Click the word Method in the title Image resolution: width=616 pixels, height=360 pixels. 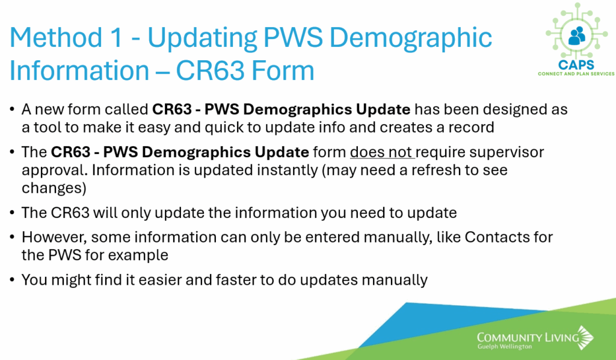(56, 38)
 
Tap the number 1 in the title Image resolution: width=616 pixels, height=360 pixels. (117, 38)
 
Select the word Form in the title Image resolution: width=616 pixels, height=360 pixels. (283, 71)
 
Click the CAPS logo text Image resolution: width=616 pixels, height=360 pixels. (576, 65)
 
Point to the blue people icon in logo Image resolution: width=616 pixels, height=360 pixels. (576, 36)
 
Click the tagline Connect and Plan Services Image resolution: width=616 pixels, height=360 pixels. (576, 73)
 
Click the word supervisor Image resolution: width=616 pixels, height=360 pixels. (507, 153)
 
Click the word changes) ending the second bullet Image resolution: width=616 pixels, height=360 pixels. (54, 188)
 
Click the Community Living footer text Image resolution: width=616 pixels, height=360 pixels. (528, 338)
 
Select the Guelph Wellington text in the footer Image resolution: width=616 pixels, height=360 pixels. (505, 347)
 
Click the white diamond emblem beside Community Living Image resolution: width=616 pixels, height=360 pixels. (586, 337)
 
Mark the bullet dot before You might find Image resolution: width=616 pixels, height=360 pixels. (13, 280)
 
